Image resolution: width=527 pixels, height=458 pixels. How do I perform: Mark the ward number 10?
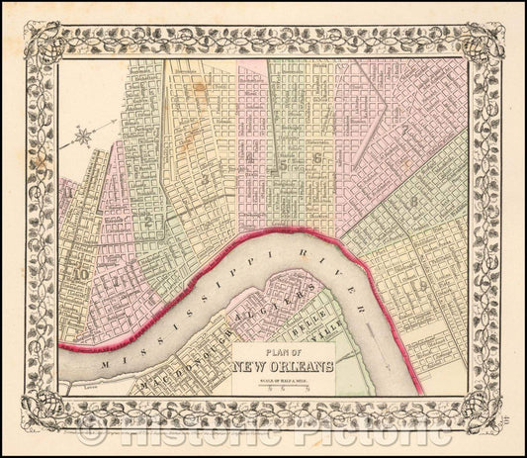(80, 276)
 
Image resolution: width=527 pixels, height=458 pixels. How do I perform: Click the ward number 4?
(254, 157)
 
